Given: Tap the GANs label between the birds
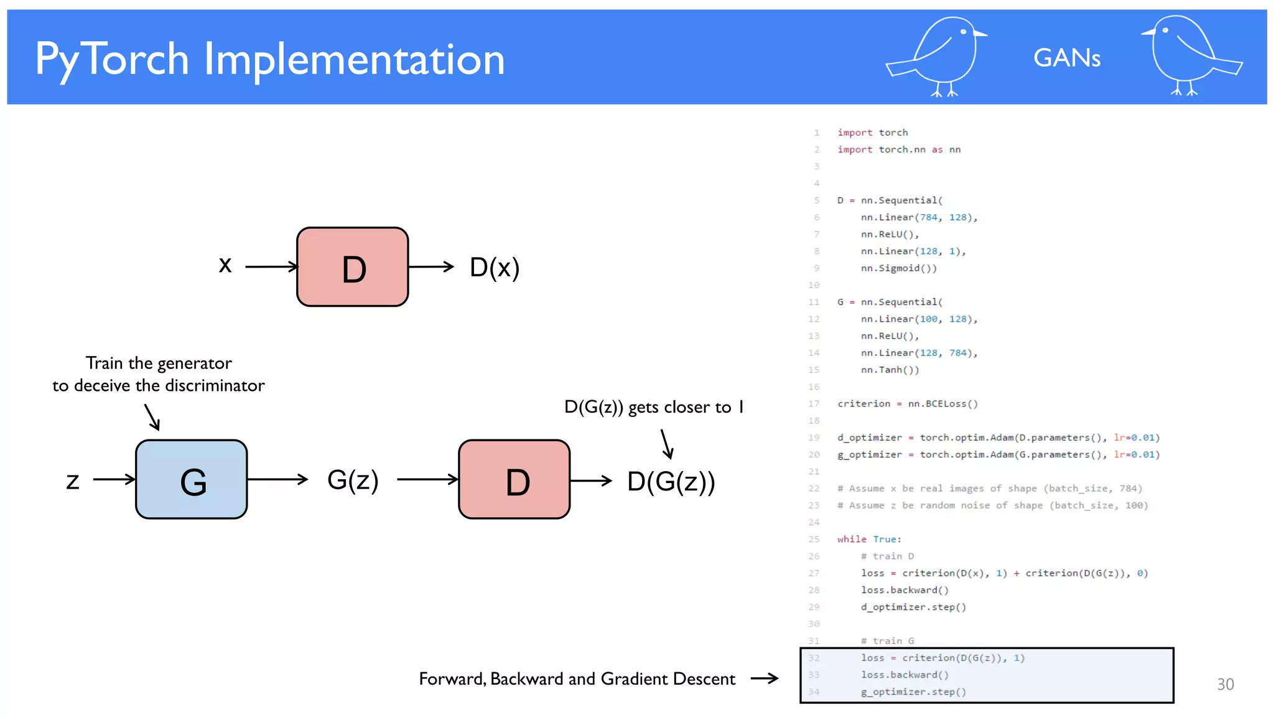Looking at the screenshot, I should tap(1066, 59).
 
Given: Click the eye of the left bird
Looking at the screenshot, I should tap(964, 32).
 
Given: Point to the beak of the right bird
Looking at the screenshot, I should tap(1146, 32).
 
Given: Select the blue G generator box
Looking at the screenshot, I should tap(192, 479).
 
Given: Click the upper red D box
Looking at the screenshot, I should tap(353, 267).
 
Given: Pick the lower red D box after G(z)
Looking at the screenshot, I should tap(514, 479).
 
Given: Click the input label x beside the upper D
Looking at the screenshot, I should tap(225, 265).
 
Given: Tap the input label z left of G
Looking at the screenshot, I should tap(73, 480).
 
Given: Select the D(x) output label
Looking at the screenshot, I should tap(495, 268).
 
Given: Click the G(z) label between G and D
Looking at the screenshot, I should tap(353, 480).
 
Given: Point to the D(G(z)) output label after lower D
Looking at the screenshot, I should tap(671, 481).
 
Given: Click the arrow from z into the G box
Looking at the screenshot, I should tap(114, 479).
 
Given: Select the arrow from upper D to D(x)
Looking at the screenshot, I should tap(431, 266).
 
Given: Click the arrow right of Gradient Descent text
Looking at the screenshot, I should tap(765, 678).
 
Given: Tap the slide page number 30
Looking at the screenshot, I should tap(1225, 685).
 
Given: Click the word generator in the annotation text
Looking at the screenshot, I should tap(194, 363).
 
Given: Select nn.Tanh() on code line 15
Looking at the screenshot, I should tap(890, 370).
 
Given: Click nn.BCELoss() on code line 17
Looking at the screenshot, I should tap(942, 404).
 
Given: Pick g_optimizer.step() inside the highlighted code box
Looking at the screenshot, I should tap(913, 692).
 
